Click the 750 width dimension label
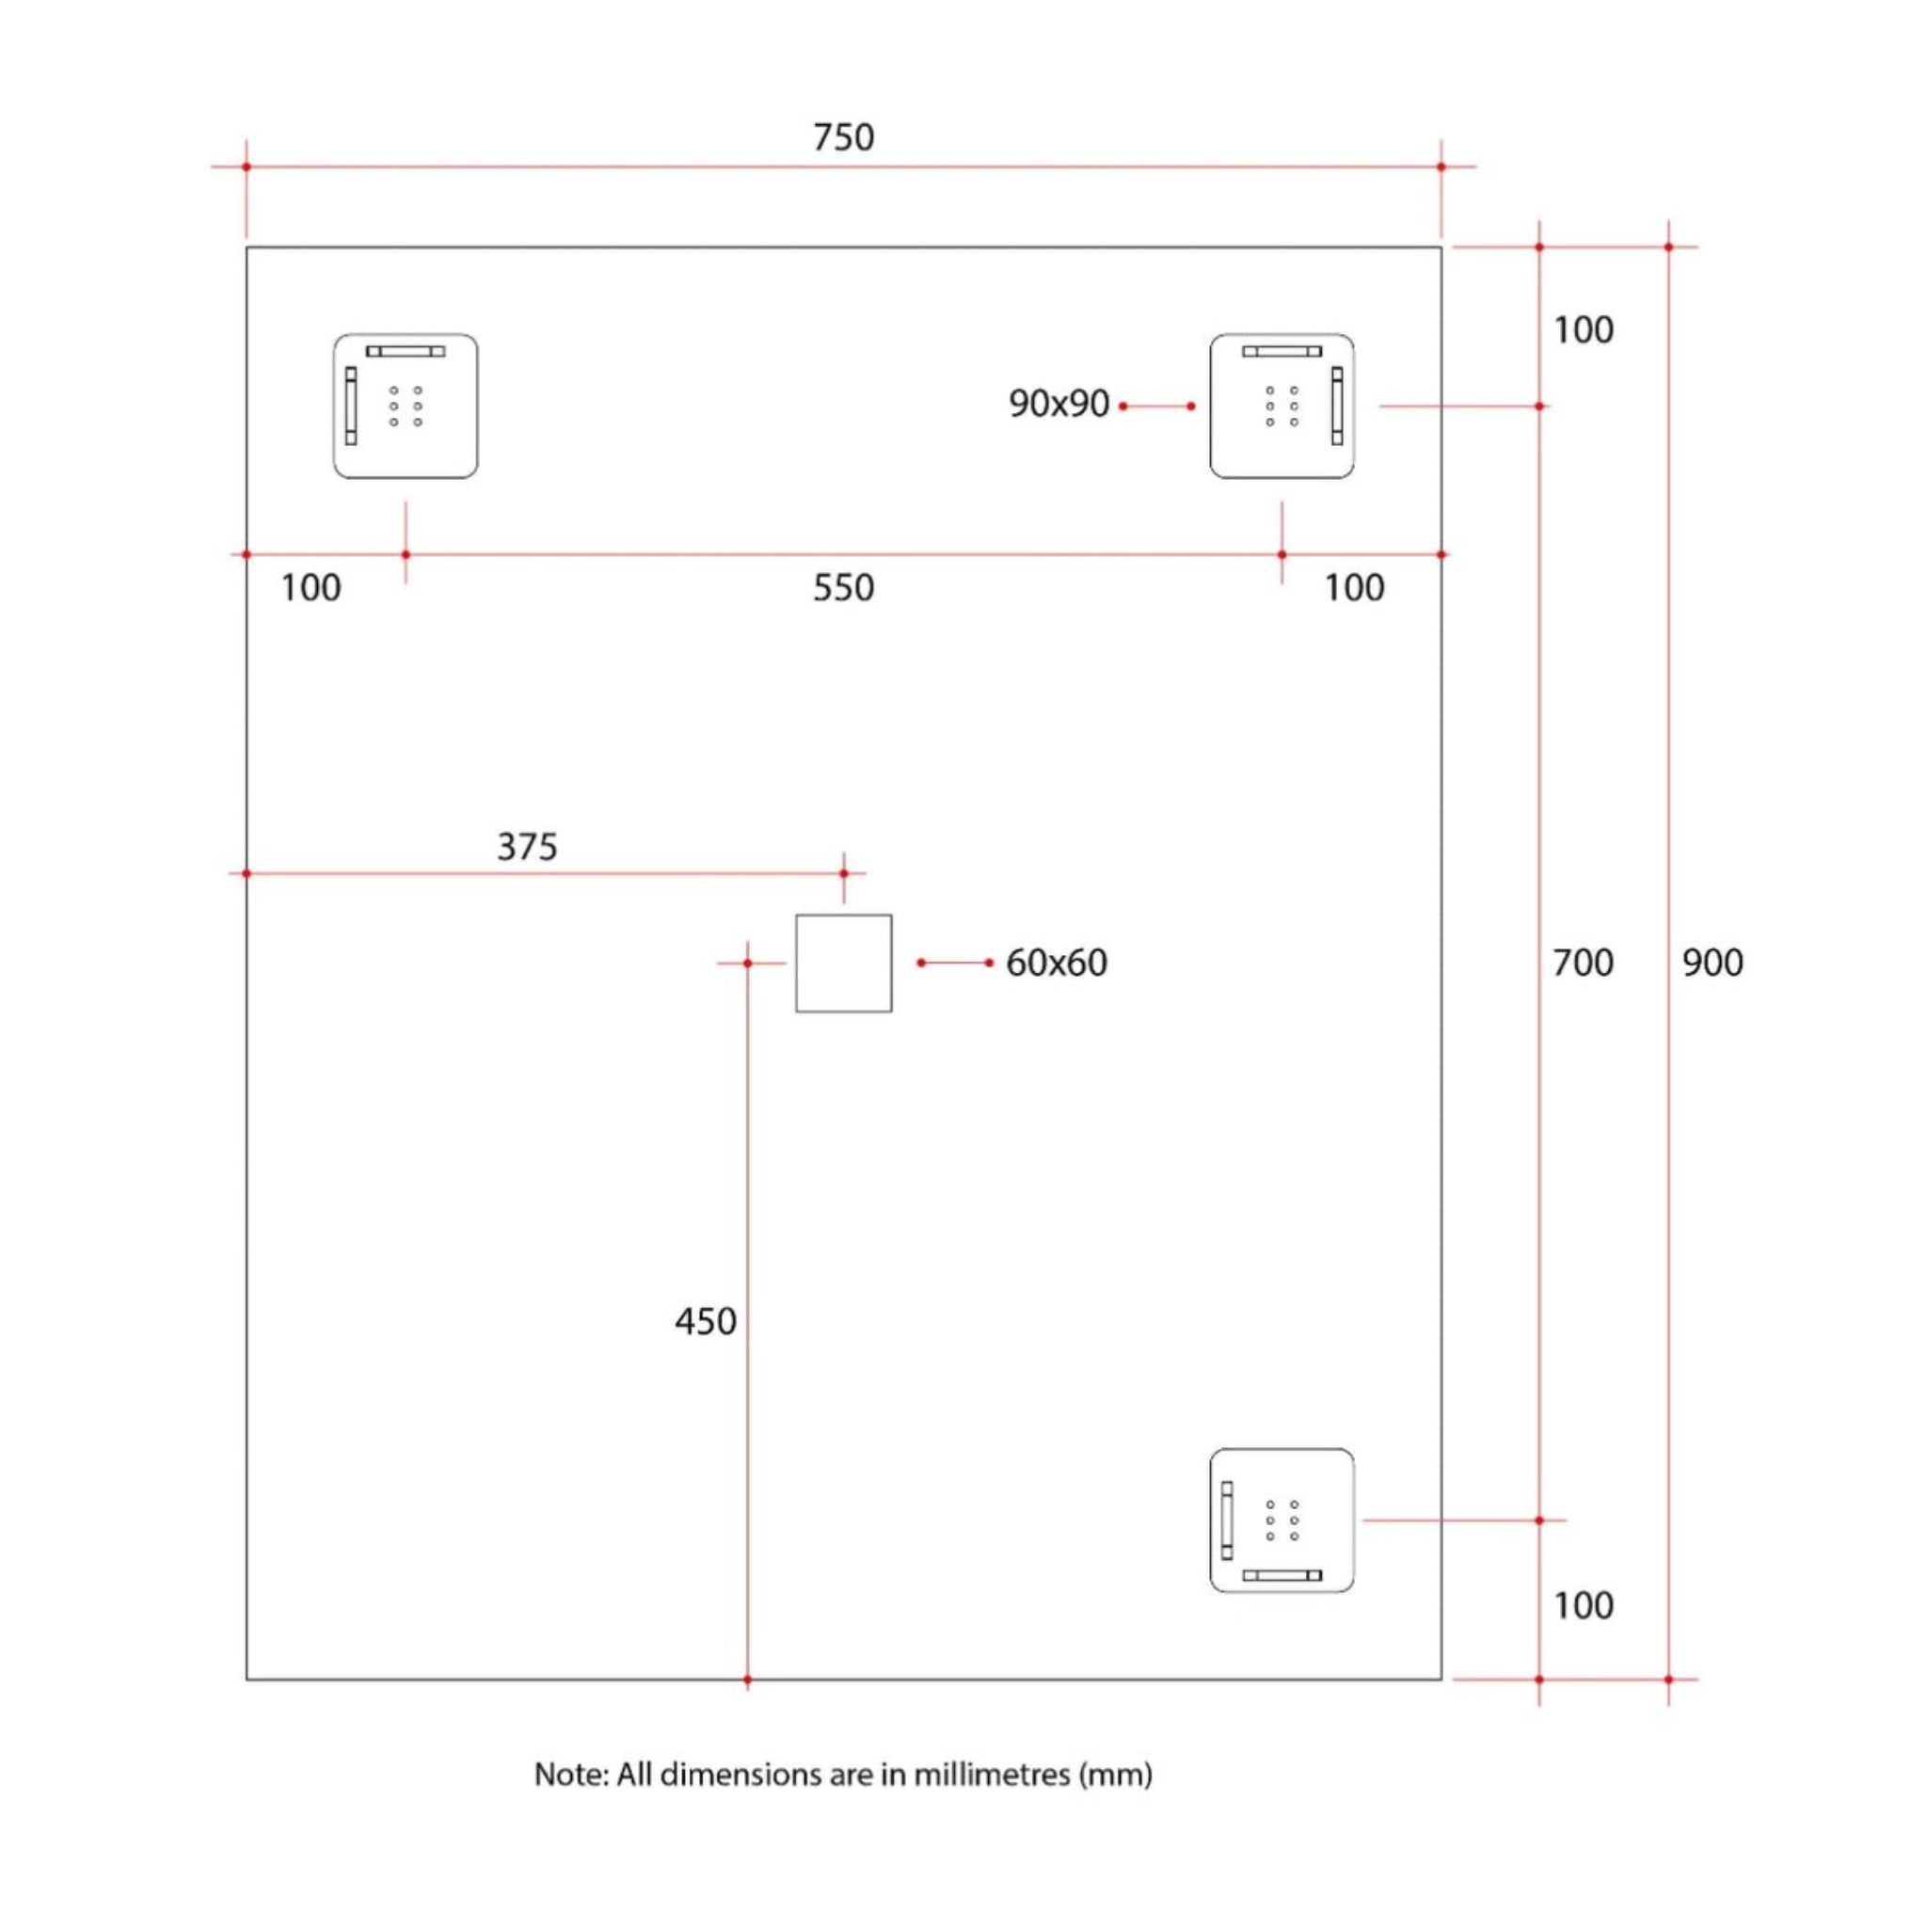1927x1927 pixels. pyautogui.click(x=843, y=137)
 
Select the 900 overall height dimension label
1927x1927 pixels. pyautogui.click(x=1712, y=963)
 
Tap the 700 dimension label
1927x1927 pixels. pyautogui.click(x=1582, y=963)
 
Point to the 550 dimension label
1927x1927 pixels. pyautogui.click(x=843, y=587)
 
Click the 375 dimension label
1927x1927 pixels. pyautogui.click(x=527, y=847)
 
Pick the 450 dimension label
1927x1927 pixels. pyautogui.click(x=705, y=1322)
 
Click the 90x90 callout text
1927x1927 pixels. pyautogui.click(x=1059, y=404)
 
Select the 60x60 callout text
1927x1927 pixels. pyautogui.click(x=1057, y=963)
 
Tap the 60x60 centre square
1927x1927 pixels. pyautogui.click(x=843, y=963)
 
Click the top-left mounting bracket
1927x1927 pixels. pyautogui.click(x=405, y=406)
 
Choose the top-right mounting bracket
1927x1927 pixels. pyautogui.click(x=1282, y=406)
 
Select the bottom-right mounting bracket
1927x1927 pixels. pyautogui.click(x=1282, y=1521)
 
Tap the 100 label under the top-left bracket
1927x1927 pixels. pyautogui.click(x=311, y=587)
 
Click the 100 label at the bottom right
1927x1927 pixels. pyautogui.click(x=1583, y=1605)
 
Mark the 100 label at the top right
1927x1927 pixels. pyautogui.click(x=1583, y=330)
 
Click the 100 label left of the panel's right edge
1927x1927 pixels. pyautogui.click(x=1353, y=587)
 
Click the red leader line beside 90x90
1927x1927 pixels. pyautogui.click(x=1157, y=406)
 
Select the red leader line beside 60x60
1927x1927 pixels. pyautogui.click(x=954, y=963)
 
